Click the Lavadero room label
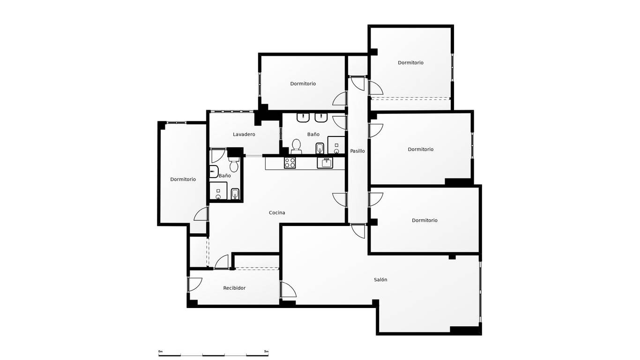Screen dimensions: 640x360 [x=244, y=135]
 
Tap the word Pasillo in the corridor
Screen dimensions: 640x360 [x=357, y=151]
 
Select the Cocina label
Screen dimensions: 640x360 [x=277, y=213]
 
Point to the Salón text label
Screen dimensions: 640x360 [x=380, y=280]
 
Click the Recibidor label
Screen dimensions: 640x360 [x=234, y=288]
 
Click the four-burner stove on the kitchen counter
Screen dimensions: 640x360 [x=290, y=163]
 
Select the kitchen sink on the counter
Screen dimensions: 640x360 [x=325, y=163]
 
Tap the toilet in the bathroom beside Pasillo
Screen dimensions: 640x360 [x=296, y=146]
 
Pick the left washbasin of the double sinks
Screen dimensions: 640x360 [x=303, y=118]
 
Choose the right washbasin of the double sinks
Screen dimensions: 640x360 [x=321, y=118]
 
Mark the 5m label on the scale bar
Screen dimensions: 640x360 [x=266, y=351]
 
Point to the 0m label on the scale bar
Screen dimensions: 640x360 [x=160, y=351]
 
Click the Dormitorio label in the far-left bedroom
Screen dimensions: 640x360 [x=183, y=180]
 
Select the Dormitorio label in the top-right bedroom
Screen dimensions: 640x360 [x=410, y=63]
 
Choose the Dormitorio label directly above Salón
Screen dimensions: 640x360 [x=424, y=220]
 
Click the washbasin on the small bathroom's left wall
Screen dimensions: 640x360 [x=214, y=172]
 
